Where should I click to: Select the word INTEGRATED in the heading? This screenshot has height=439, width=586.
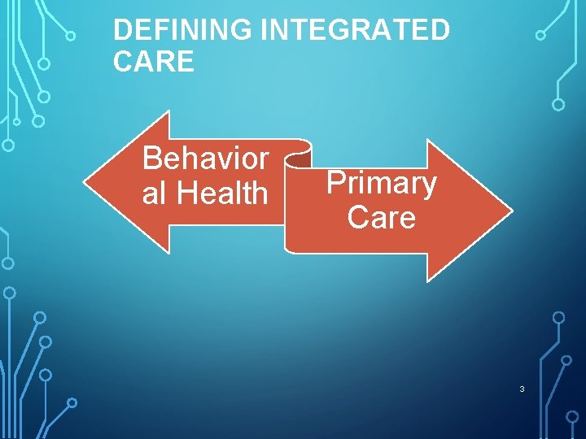coord(355,31)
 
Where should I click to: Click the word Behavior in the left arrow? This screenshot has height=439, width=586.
coord(205,159)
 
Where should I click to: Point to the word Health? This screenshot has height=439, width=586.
coord(222,193)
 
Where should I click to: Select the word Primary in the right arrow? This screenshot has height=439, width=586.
coord(381,184)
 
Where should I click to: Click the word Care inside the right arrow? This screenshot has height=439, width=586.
coord(381,218)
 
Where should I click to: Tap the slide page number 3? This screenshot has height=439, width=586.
coord(522,389)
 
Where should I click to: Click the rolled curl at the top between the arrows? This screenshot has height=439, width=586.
coord(300,149)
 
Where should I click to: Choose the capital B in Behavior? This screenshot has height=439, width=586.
coord(151,159)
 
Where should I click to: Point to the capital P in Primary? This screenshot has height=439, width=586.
coord(334,184)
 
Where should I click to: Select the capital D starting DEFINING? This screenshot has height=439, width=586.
coord(121,31)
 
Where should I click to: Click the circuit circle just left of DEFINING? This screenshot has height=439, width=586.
coord(71,36)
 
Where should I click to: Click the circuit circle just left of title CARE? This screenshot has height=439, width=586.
coord(45,63)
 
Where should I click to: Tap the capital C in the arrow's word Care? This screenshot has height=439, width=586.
coord(356,218)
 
